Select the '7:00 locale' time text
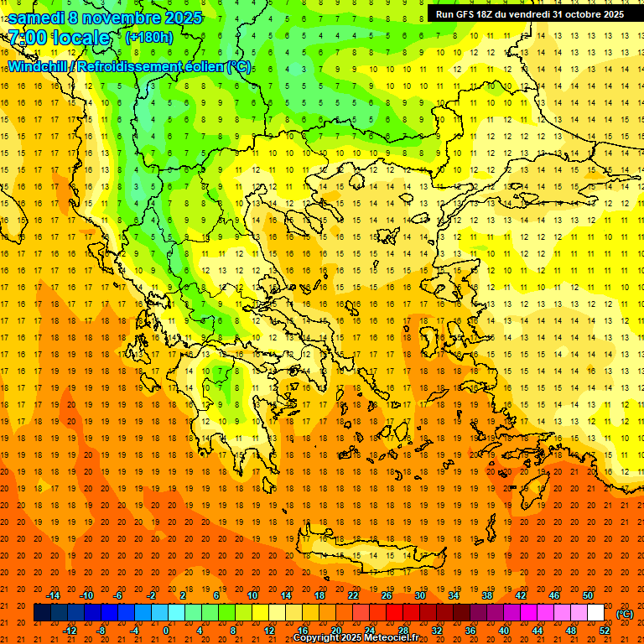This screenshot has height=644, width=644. point(59,38)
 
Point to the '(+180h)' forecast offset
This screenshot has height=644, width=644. point(148,37)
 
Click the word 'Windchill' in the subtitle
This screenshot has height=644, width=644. point(39,66)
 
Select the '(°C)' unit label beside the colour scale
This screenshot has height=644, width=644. point(625,614)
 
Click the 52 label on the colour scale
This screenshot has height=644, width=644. point(605,630)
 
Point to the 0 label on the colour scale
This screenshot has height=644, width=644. point(166,630)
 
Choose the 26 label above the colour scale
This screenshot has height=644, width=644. point(387,595)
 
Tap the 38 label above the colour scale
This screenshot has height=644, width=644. point(487,595)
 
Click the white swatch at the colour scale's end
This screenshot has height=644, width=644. point(595,613)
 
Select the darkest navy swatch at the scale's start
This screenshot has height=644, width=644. point(42,613)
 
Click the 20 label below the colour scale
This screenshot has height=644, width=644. point(336,630)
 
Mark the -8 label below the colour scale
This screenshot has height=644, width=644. point(101,630)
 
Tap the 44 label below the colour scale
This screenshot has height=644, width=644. point(538,630)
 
